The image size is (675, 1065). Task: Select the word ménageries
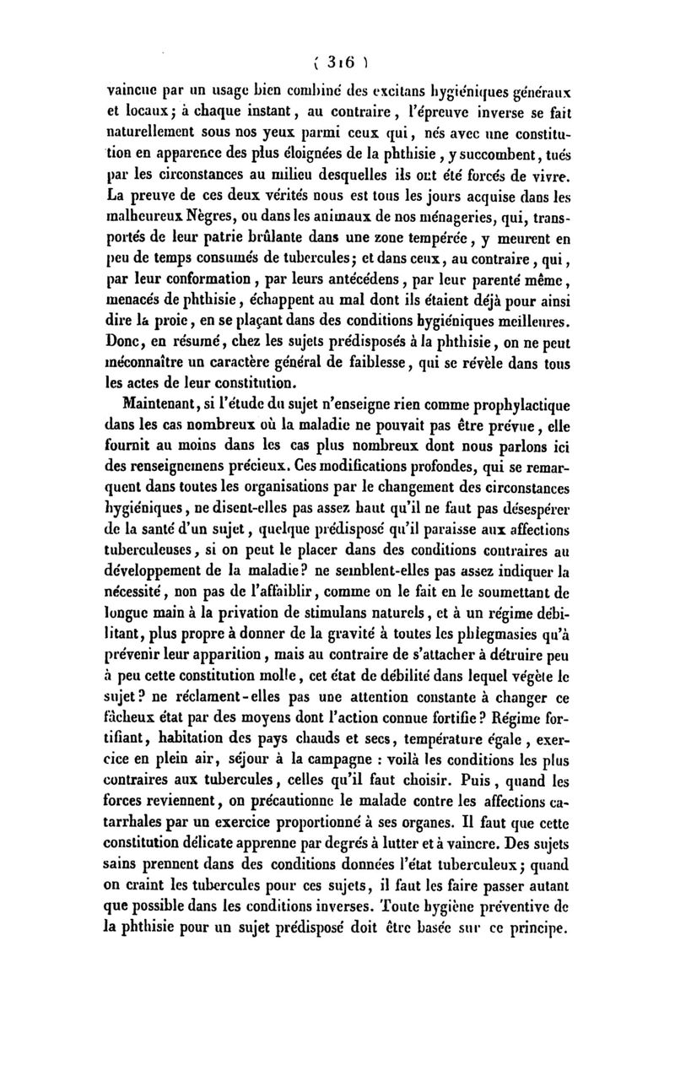[x=460, y=224]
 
